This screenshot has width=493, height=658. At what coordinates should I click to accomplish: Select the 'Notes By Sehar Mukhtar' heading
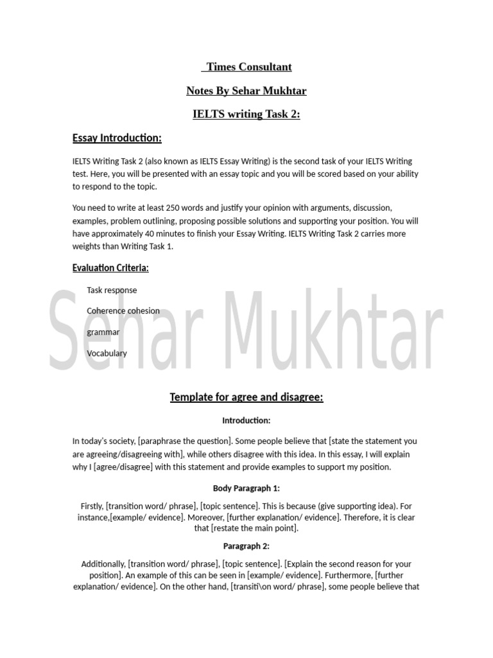[246, 91]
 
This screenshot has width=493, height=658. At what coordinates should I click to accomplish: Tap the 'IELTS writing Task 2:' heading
[246, 114]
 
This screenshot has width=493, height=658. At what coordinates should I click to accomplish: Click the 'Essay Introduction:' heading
[117, 138]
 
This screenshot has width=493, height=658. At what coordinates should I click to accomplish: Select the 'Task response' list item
[112, 290]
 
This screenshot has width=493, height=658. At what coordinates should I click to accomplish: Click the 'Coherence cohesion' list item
[123, 311]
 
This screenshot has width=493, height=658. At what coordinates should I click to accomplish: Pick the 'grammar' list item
[103, 332]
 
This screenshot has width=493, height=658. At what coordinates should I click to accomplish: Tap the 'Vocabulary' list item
[107, 353]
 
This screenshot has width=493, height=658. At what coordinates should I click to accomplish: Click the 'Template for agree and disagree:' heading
[246, 397]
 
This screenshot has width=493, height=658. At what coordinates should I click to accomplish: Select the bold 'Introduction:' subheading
[246, 421]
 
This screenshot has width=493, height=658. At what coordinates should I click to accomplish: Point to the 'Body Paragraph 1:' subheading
[246, 488]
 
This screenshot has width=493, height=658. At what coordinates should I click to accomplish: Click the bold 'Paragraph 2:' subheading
[246, 546]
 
